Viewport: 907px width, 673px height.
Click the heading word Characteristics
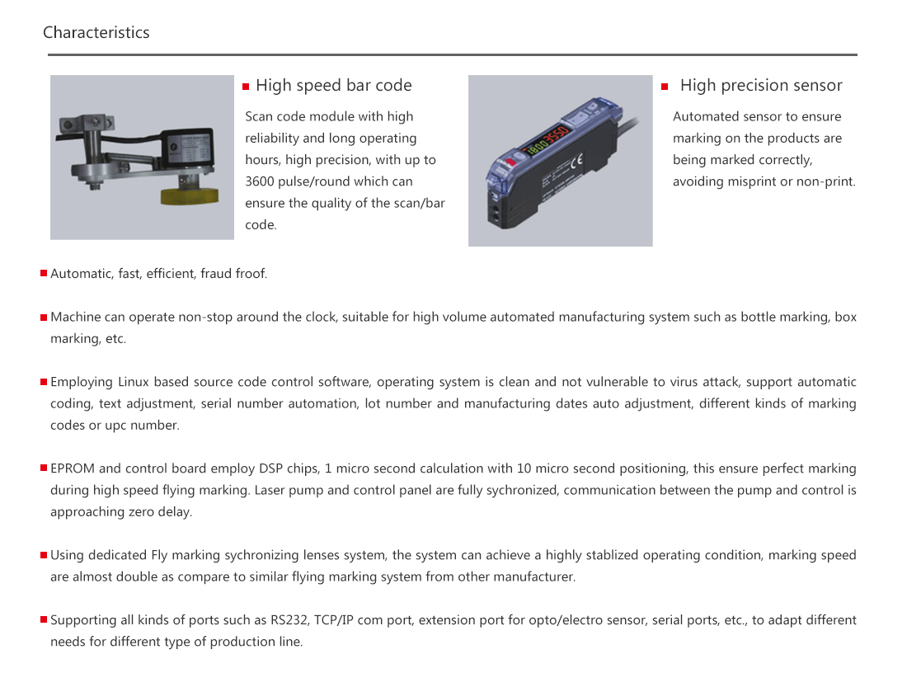point(96,33)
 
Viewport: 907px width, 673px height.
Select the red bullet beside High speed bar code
point(246,87)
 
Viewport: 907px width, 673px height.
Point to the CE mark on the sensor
point(576,162)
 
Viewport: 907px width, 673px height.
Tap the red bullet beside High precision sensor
point(665,87)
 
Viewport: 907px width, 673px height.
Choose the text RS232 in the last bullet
point(289,620)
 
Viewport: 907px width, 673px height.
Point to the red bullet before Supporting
point(44,619)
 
